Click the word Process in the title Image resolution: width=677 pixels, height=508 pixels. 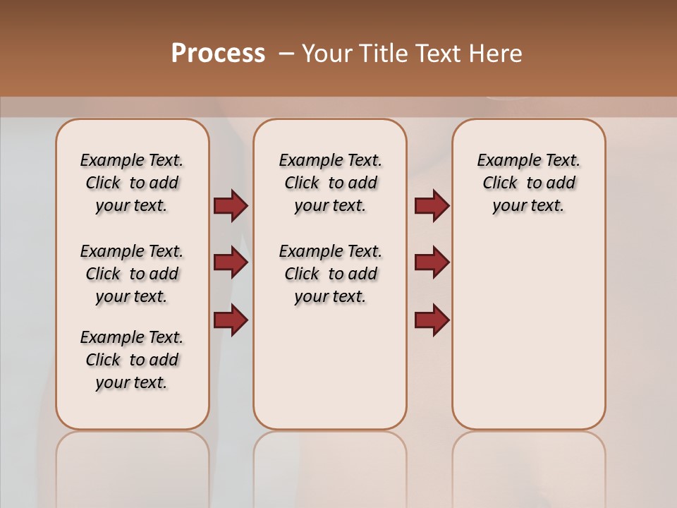coord(218,53)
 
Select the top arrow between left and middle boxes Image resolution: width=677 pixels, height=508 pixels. coord(231,206)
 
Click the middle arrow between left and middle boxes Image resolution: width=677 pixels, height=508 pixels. coord(231,263)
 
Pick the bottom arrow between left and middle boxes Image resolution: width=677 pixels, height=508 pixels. coord(231,320)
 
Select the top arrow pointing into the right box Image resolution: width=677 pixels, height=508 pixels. coord(432,206)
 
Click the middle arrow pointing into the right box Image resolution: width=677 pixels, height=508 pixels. coord(432,263)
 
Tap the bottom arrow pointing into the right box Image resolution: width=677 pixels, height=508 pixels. coord(432,320)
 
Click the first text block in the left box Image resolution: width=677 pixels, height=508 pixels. coord(132,183)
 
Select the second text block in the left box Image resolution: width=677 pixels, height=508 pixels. coord(132,274)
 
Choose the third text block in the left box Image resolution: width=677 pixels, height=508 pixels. coord(132,360)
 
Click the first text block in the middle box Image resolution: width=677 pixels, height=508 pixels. coord(330,183)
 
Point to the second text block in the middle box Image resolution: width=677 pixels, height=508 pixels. coord(330,274)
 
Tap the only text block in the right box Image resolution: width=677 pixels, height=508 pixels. coord(528,183)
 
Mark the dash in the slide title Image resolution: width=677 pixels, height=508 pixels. coord(286,54)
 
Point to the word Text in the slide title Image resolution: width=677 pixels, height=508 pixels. coord(437,54)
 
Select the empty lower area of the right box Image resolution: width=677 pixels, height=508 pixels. coord(528,332)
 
